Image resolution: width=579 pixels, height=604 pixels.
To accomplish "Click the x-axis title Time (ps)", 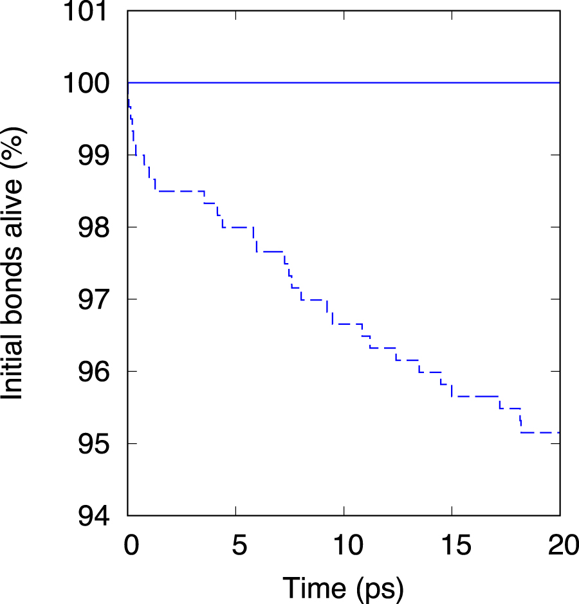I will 344,587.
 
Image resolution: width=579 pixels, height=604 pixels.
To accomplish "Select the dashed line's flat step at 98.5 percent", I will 180,191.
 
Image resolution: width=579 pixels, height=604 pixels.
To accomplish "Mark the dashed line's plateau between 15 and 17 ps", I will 476,396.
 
